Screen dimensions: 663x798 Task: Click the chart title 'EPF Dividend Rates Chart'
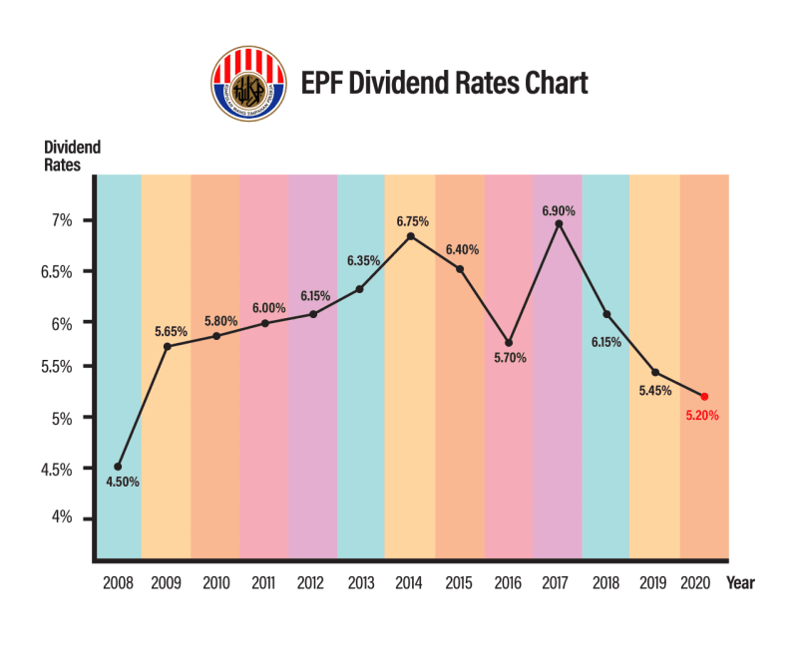(444, 82)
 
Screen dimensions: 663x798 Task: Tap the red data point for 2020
(704, 396)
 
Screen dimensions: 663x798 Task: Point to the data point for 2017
(559, 224)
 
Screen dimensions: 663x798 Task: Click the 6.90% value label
(559, 210)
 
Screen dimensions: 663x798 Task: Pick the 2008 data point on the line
(118, 466)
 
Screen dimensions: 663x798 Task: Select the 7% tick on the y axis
(63, 220)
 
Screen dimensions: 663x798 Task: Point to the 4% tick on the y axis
(63, 517)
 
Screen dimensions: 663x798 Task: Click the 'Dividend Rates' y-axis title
(72, 157)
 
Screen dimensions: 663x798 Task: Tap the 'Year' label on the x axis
(740, 583)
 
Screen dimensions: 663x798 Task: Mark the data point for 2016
(509, 343)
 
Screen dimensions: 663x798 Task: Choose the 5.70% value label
(509, 358)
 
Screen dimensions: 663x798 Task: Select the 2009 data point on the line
(167, 346)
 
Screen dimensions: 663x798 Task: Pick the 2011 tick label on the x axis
(263, 583)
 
